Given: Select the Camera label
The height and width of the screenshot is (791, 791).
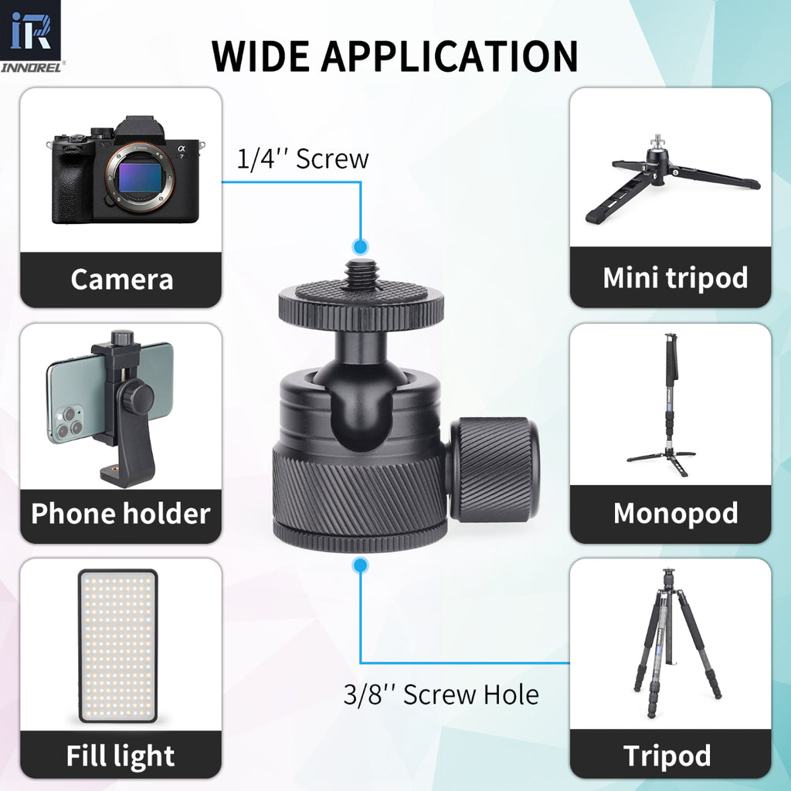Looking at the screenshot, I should coord(121,279).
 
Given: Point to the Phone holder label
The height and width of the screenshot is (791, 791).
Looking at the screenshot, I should coord(121,514).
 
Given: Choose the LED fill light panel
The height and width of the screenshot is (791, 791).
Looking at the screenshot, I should coord(118,645).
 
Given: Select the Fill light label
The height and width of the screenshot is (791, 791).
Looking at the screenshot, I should coord(121,756).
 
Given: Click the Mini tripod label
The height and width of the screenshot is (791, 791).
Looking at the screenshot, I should coord(674,277).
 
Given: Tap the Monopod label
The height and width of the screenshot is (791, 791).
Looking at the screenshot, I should coord(674,514).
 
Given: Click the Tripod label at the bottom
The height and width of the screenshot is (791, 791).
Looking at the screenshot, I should coord(667,756).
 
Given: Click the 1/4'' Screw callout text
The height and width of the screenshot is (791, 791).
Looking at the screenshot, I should coord(302,159).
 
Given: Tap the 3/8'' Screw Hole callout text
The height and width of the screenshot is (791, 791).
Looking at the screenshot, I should coord(441,694).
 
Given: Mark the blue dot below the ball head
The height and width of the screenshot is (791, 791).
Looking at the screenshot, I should coord(359,566).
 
